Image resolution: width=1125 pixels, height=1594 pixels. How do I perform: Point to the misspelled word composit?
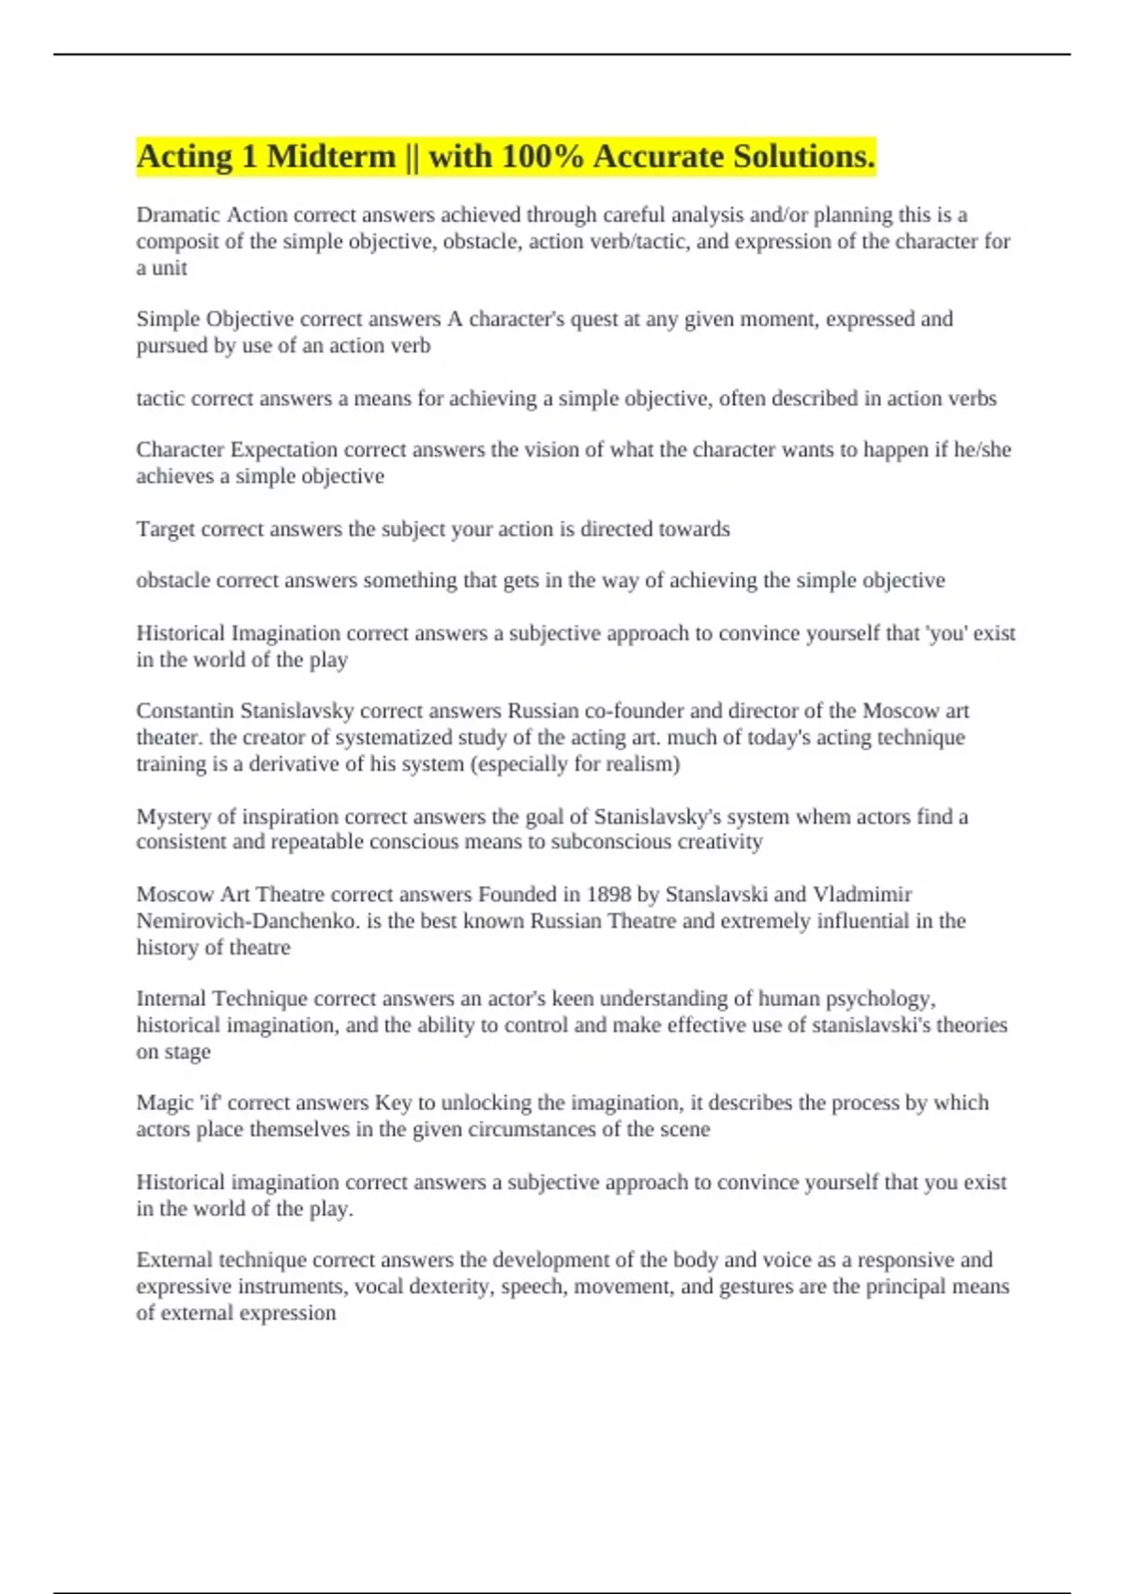point(179,242)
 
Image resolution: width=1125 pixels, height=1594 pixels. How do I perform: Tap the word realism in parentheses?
point(639,764)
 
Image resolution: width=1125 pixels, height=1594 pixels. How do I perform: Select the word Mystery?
point(173,817)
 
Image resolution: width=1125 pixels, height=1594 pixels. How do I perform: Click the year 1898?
point(608,895)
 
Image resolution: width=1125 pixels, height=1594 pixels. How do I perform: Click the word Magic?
point(164,1103)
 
